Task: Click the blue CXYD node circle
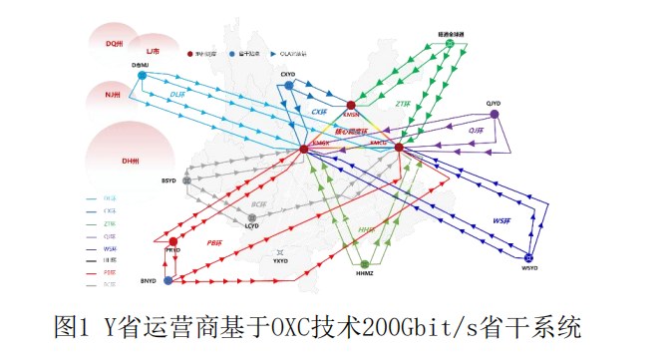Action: (x=288, y=86)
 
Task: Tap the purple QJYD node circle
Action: (x=495, y=114)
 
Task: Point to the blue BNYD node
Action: (x=167, y=281)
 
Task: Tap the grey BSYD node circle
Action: (x=186, y=180)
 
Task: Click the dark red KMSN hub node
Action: (x=351, y=105)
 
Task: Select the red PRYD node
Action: (x=173, y=241)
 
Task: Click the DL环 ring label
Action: (x=177, y=95)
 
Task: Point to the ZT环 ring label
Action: (x=403, y=103)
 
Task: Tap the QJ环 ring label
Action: (x=476, y=131)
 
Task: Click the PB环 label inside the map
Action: (x=212, y=242)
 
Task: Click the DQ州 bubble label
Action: (x=115, y=44)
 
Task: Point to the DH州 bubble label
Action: (x=130, y=161)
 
